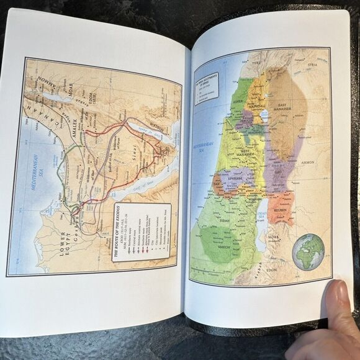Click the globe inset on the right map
coord(308,251)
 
